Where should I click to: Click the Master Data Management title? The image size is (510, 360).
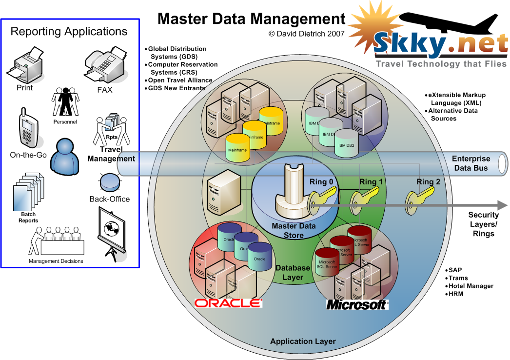(252, 19)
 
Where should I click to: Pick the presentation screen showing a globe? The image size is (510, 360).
(112, 231)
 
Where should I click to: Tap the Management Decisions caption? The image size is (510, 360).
(56, 261)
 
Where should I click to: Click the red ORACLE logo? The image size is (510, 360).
(228, 303)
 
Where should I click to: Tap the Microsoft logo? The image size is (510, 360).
(357, 305)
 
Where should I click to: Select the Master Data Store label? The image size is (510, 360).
(294, 230)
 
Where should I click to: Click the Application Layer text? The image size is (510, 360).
(303, 341)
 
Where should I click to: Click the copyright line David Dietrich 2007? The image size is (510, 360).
(306, 34)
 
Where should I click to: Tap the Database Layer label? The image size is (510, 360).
(293, 273)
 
